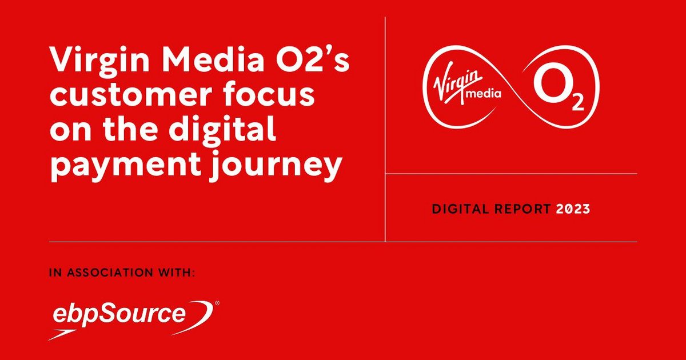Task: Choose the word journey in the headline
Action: pos(274,167)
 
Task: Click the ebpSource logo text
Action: pos(119,314)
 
